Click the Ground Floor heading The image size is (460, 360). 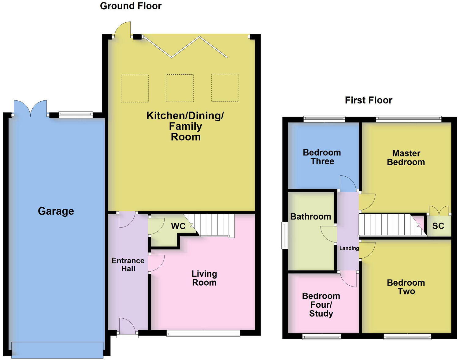[131, 6]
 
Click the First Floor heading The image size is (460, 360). [368, 100]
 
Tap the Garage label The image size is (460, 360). [56, 211]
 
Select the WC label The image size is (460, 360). [178, 226]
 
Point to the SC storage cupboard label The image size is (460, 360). [438, 226]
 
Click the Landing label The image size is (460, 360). [349, 248]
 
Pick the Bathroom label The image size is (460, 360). [310, 217]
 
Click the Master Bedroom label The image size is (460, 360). [406, 158]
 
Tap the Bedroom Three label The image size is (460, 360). [322, 157]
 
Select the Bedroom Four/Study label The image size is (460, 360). [321, 305]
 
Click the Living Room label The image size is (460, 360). [204, 278]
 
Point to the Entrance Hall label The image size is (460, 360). [128, 265]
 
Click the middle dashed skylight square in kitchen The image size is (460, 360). [180, 88]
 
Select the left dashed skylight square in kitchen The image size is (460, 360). [135, 88]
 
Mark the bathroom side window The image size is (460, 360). [284, 235]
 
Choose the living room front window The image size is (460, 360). [203, 334]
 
